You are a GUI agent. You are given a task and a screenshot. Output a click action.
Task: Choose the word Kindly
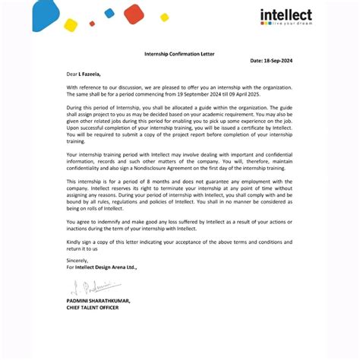tap(74, 242)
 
